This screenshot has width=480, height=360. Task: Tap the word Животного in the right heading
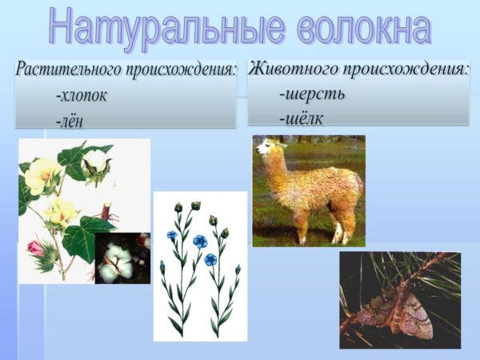click(x=294, y=69)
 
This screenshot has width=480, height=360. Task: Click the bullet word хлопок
click(x=82, y=96)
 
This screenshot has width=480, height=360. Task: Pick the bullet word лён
click(x=70, y=122)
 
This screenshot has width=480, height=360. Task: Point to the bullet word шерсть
click(x=312, y=94)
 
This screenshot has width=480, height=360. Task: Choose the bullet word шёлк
click(x=302, y=118)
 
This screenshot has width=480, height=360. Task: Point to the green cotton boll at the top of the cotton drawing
click(x=96, y=165)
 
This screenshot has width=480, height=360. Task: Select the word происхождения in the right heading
click(x=406, y=70)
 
